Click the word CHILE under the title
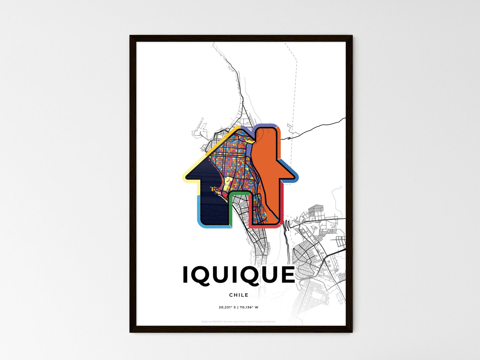[x=239, y=295]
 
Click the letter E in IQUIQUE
[x=286, y=275]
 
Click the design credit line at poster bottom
[x=239, y=322]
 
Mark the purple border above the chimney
[x=266, y=125]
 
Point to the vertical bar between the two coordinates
[x=238, y=308]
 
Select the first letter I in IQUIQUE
[x=186, y=275]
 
